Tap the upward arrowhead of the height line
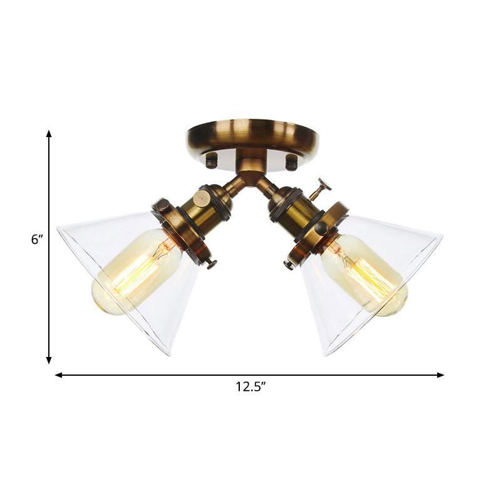pos(49,134)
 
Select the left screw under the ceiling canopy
pos(212,161)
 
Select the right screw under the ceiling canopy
pos(291,162)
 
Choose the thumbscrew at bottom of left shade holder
pos(211,264)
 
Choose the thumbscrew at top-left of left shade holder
pos(162,205)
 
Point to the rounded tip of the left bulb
pos(100,297)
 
